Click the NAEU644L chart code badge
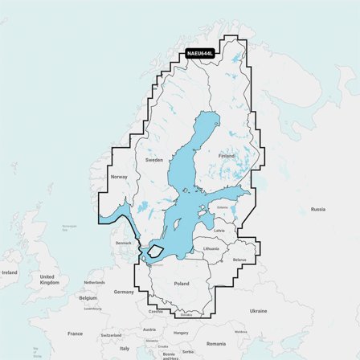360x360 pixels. [201, 54]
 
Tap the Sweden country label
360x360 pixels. [154, 160]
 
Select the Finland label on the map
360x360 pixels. [227, 155]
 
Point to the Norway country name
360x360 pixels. [119, 177]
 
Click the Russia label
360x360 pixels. [318, 209]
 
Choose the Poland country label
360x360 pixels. [182, 284]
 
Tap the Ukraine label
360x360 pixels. [258, 310]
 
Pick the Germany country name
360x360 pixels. [124, 292]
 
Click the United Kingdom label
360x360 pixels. [49, 280]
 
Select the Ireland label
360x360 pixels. [10, 272]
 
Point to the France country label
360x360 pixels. [75, 333]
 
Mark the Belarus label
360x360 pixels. [239, 260]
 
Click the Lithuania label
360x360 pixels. [211, 249]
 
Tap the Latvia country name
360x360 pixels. [219, 231]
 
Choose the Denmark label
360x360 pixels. [123, 243]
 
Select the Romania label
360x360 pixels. [215, 343]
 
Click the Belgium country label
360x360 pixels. [88, 297]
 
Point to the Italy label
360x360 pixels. [124, 349]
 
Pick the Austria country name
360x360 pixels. [149, 329]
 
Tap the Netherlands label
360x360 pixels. [94, 283]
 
